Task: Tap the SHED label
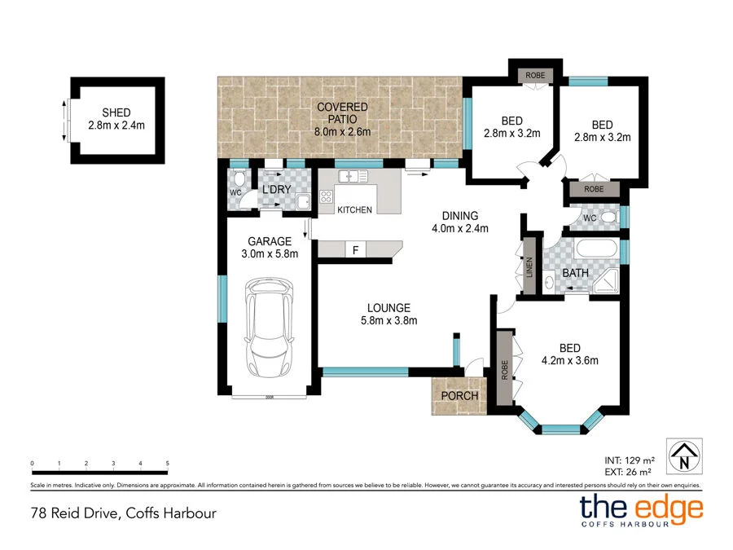click(116, 112)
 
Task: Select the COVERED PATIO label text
click(342, 108)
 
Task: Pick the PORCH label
click(459, 396)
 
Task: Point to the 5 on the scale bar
click(167, 463)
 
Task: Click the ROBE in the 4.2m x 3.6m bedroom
click(504, 372)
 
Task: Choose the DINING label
click(459, 216)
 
